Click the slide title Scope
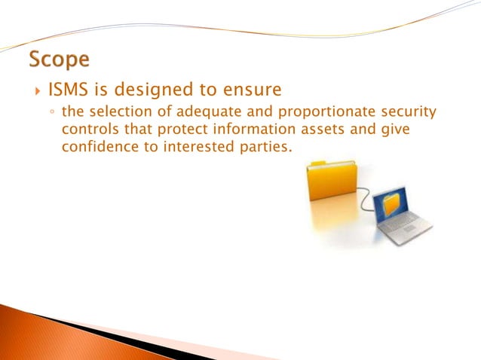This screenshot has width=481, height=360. pyautogui.click(x=59, y=59)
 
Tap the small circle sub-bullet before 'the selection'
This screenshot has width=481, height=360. pyautogui.click(x=51, y=114)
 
